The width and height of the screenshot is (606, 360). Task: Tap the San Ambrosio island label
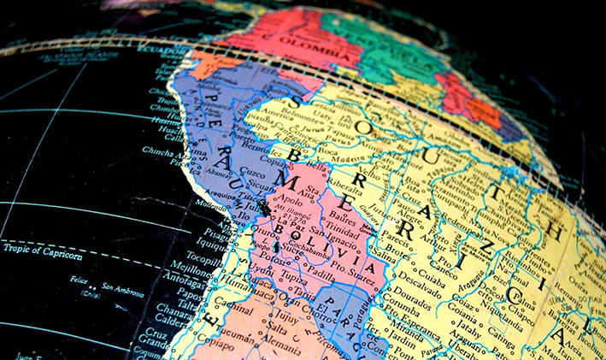(x=121, y=286)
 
